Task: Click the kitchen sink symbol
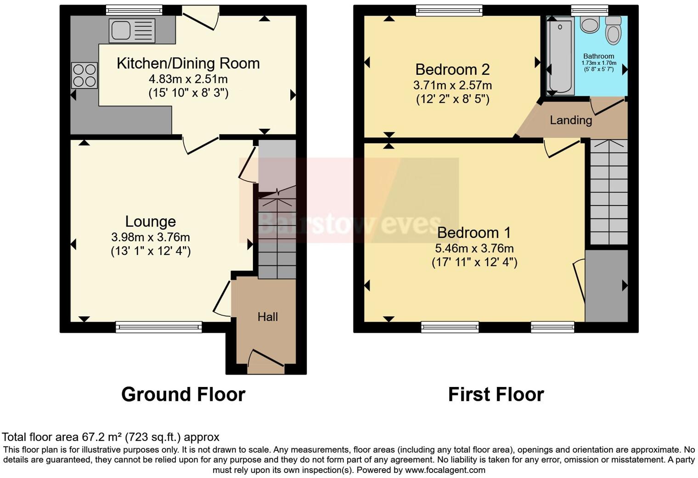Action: coord(131,30)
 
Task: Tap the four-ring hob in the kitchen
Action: coord(84,75)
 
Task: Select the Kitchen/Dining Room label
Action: coord(188,63)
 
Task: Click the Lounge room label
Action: coord(151,222)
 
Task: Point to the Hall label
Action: coord(268,317)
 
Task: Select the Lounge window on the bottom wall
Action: coord(159,327)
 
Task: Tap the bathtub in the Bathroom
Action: coord(560,56)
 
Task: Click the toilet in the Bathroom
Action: coord(613,30)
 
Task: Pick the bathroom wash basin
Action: coord(589,24)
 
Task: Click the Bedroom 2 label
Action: coord(452,69)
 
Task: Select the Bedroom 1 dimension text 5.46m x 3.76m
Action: coord(474,249)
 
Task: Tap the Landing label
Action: coord(571,120)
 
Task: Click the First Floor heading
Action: coord(496,394)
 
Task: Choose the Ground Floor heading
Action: coord(183,394)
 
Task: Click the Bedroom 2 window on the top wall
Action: coord(449,10)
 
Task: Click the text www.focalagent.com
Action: coord(445,470)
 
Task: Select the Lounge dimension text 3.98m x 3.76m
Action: coord(151,238)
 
